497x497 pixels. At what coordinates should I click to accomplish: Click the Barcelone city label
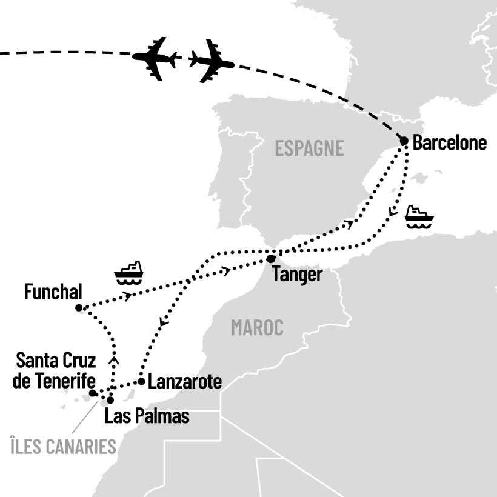coord(449,143)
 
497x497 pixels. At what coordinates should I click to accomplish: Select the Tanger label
coord(297,274)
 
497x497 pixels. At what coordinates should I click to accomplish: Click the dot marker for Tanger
coord(271,259)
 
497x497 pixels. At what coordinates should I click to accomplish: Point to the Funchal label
coord(53,292)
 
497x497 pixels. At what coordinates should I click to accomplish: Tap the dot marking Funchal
coord(79,308)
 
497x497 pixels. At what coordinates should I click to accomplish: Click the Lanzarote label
coord(184,382)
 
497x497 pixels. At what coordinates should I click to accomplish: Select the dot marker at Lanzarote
coord(141,381)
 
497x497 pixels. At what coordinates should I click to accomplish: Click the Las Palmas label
coord(147,416)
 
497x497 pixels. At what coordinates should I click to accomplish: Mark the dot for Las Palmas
coord(110,400)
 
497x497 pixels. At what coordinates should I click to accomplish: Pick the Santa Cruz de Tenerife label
coord(56,372)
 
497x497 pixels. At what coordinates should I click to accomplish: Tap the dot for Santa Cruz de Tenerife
coord(93,393)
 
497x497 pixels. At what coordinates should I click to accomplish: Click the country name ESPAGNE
coord(309,148)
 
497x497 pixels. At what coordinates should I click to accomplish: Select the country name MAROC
coord(257,328)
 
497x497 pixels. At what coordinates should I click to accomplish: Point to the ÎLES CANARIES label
coord(64,447)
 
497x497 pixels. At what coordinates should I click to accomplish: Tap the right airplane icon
coord(211,61)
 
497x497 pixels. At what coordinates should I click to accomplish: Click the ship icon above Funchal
coord(128,273)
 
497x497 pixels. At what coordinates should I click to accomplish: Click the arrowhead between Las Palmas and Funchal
coord(113,359)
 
